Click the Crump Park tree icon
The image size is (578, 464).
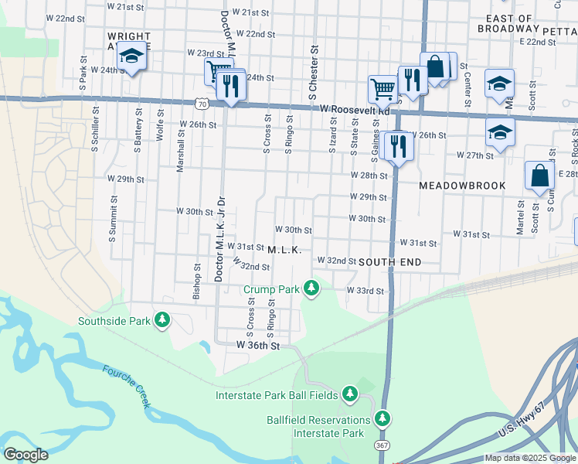click(311, 288)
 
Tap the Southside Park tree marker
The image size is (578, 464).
click(161, 320)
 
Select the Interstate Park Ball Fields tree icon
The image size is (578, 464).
click(350, 394)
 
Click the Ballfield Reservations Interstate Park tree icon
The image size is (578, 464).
click(382, 418)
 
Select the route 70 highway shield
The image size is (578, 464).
click(201, 102)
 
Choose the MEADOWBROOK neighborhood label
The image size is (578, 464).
click(462, 186)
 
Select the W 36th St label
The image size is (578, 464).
click(257, 345)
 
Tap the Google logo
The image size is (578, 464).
click(25, 455)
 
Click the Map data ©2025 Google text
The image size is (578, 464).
click(530, 458)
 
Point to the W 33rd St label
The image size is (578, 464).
click(364, 291)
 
